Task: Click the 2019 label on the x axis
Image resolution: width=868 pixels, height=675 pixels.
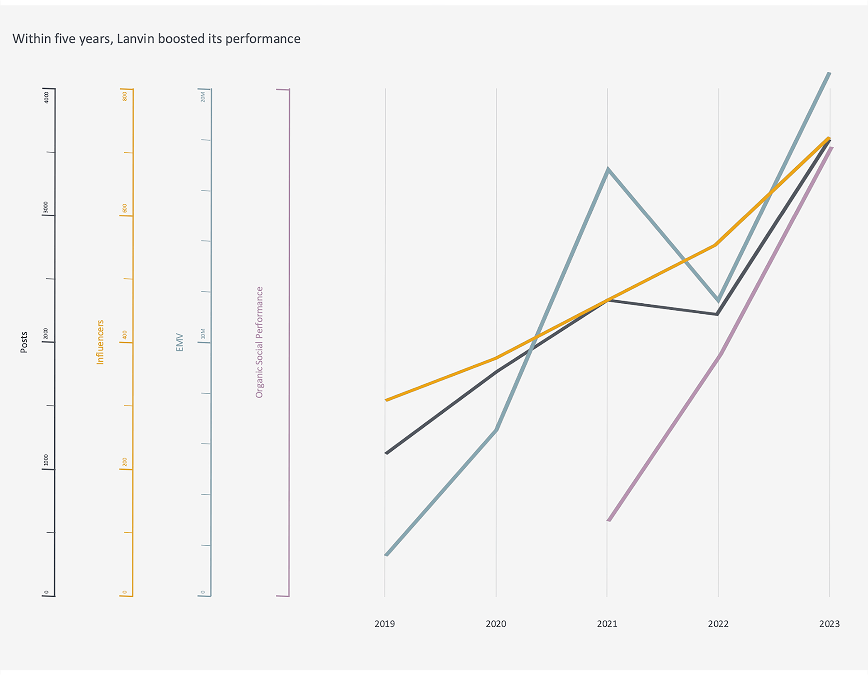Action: point(385,624)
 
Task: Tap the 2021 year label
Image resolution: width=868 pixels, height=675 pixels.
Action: point(607,624)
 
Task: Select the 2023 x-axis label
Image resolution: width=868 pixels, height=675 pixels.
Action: point(829,624)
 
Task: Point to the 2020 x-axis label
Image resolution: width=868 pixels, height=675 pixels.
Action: point(496,624)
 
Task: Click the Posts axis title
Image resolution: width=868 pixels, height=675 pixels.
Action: point(24,342)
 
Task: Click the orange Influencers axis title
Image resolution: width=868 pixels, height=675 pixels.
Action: point(100,342)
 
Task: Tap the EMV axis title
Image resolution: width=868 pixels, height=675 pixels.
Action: point(179,342)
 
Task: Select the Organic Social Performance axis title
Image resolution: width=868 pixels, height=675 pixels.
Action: point(259,342)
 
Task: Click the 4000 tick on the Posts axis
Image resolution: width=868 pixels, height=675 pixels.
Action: point(46,97)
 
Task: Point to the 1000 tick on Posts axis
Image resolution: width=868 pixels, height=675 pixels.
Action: point(46,460)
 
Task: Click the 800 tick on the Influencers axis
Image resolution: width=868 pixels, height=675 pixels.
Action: point(125,96)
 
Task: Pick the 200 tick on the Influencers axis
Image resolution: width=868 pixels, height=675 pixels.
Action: point(125,462)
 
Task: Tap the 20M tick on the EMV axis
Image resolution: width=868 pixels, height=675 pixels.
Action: point(203,97)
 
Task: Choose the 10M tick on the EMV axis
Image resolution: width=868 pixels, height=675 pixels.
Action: point(203,334)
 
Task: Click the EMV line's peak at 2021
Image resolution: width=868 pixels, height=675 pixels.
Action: point(608,170)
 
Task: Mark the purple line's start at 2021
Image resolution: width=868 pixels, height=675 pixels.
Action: point(609,520)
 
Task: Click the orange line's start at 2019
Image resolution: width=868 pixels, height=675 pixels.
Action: point(386,400)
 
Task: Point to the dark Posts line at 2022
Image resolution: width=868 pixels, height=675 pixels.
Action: point(717,314)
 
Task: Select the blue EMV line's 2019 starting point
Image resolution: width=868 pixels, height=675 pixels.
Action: point(387,554)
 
